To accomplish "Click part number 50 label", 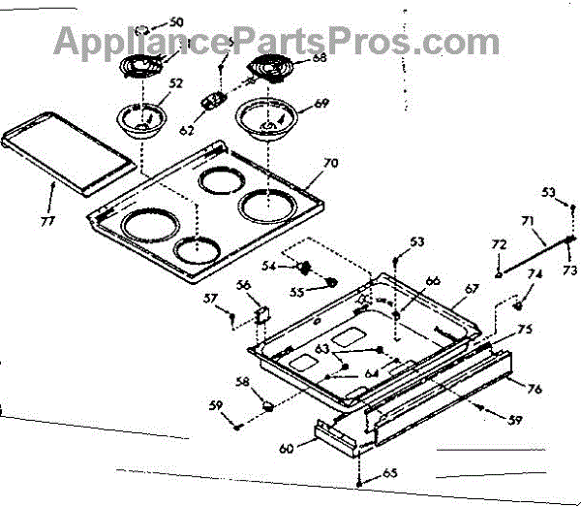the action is click(175, 20).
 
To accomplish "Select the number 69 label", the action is click(321, 103).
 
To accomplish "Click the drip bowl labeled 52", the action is click(142, 120).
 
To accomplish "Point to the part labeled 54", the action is click(303, 267).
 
